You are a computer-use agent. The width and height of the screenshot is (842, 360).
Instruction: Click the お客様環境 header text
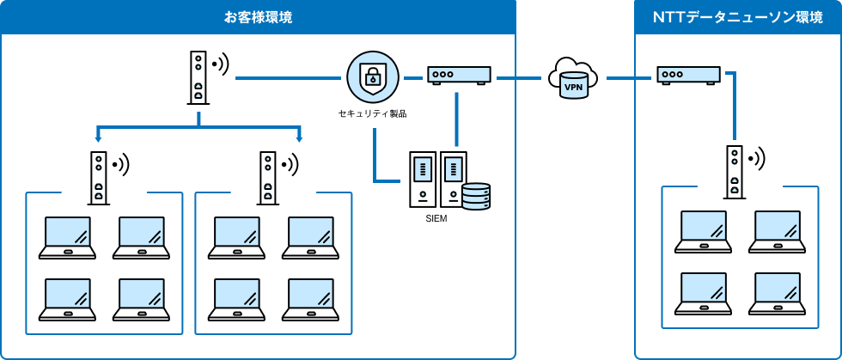coord(257,17)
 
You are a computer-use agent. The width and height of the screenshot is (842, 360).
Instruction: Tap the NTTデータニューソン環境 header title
coord(738,17)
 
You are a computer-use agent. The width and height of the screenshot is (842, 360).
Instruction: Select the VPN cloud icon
coord(573,78)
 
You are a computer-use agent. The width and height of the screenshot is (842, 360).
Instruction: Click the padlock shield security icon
coord(373,77)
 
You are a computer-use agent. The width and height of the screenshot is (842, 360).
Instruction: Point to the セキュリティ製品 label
coord(373,113)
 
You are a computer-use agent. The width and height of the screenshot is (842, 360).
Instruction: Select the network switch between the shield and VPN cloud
coord(460,76)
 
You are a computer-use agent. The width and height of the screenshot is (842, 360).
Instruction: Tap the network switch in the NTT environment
coord(688,76)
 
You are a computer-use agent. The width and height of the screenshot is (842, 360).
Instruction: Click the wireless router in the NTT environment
coord(735,172)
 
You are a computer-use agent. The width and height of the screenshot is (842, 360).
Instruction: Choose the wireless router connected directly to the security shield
coord(198,77)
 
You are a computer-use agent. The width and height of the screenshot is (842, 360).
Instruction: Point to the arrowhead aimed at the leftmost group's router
coord(99,137)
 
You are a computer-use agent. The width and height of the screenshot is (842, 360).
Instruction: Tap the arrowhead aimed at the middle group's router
coord(300,137)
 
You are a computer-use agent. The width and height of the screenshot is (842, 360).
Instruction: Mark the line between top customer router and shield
coord(288,78)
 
